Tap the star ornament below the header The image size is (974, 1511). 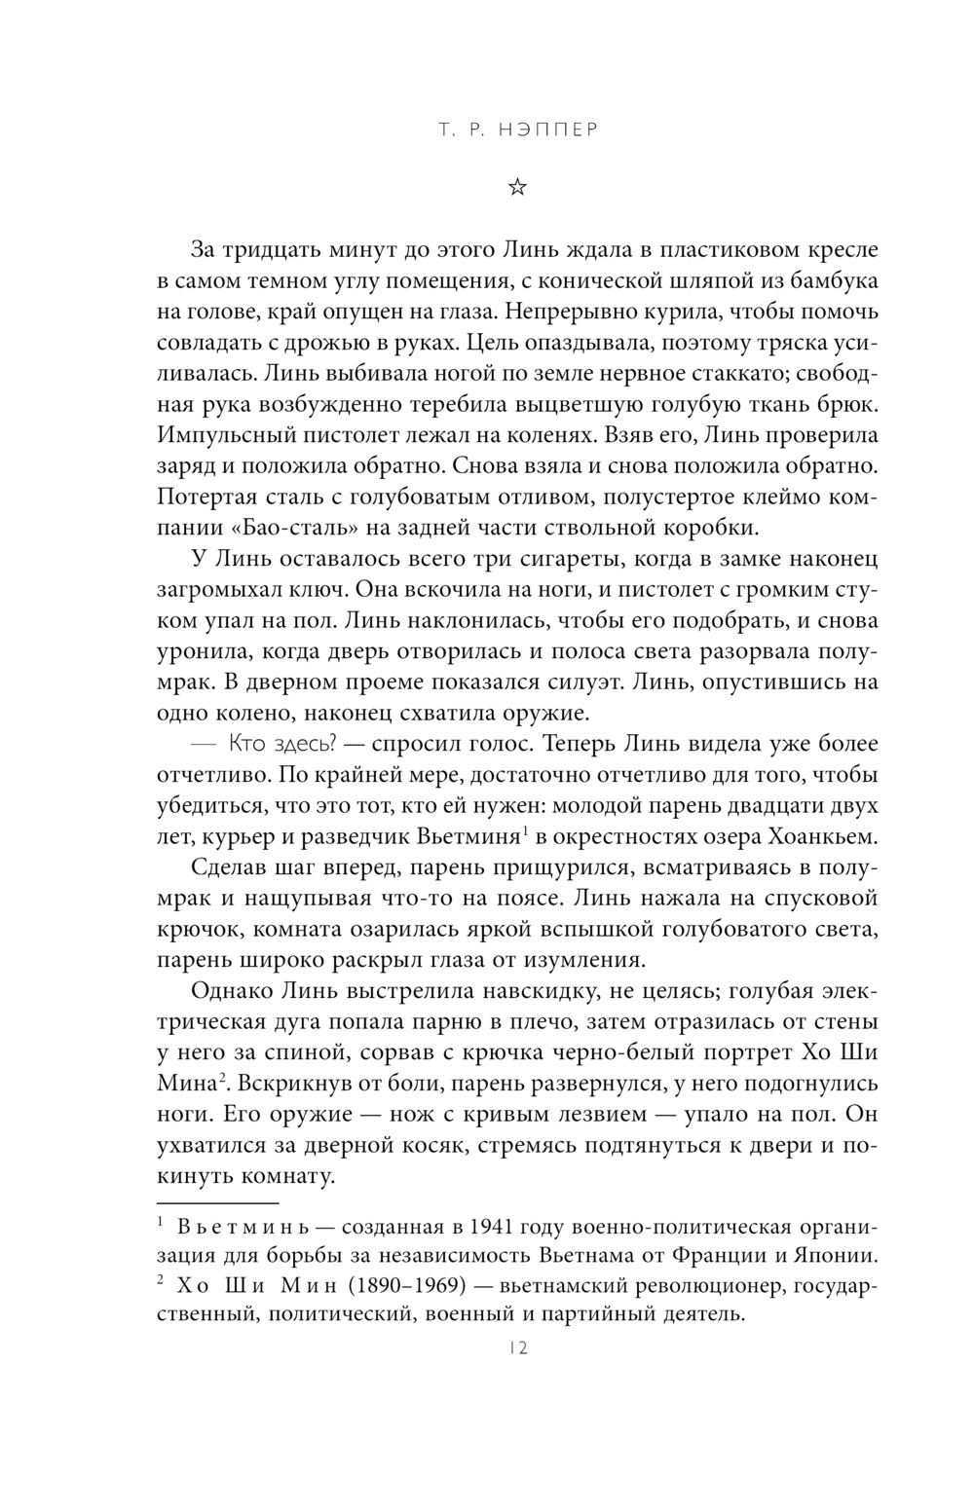pos(517,187)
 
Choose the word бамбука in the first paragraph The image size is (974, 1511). pos(829,281)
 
